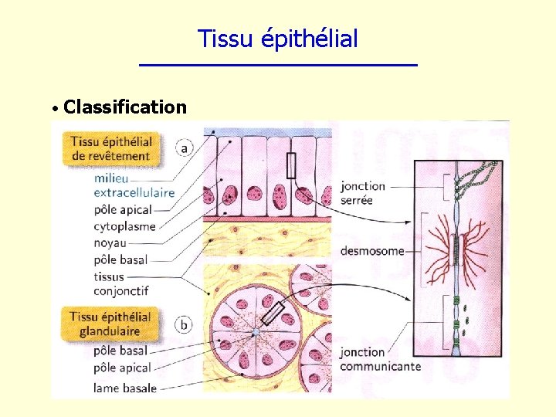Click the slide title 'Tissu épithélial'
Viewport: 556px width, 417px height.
pos(278,39)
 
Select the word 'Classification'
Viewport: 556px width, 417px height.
pos(125,107)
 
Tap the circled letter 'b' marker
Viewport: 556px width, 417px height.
pos(184,324)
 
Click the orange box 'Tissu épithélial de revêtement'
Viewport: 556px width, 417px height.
pos(110,148)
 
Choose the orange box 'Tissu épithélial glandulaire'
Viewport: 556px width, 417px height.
pos(110,324)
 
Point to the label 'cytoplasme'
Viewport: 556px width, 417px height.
pos(124,226)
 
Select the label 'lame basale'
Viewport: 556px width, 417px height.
pos(125,388)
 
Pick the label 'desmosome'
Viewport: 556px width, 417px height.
pos(372,251)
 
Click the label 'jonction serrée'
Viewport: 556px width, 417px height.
pos(362,193)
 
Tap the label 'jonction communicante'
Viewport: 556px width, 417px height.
pos(380,359)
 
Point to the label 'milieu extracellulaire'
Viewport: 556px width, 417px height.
pos(133,185)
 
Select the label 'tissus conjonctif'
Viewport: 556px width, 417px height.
pos(120,284)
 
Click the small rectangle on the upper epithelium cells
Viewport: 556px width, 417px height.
pos(291,165)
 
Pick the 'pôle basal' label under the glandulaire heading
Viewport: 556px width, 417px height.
pos(120,351)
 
